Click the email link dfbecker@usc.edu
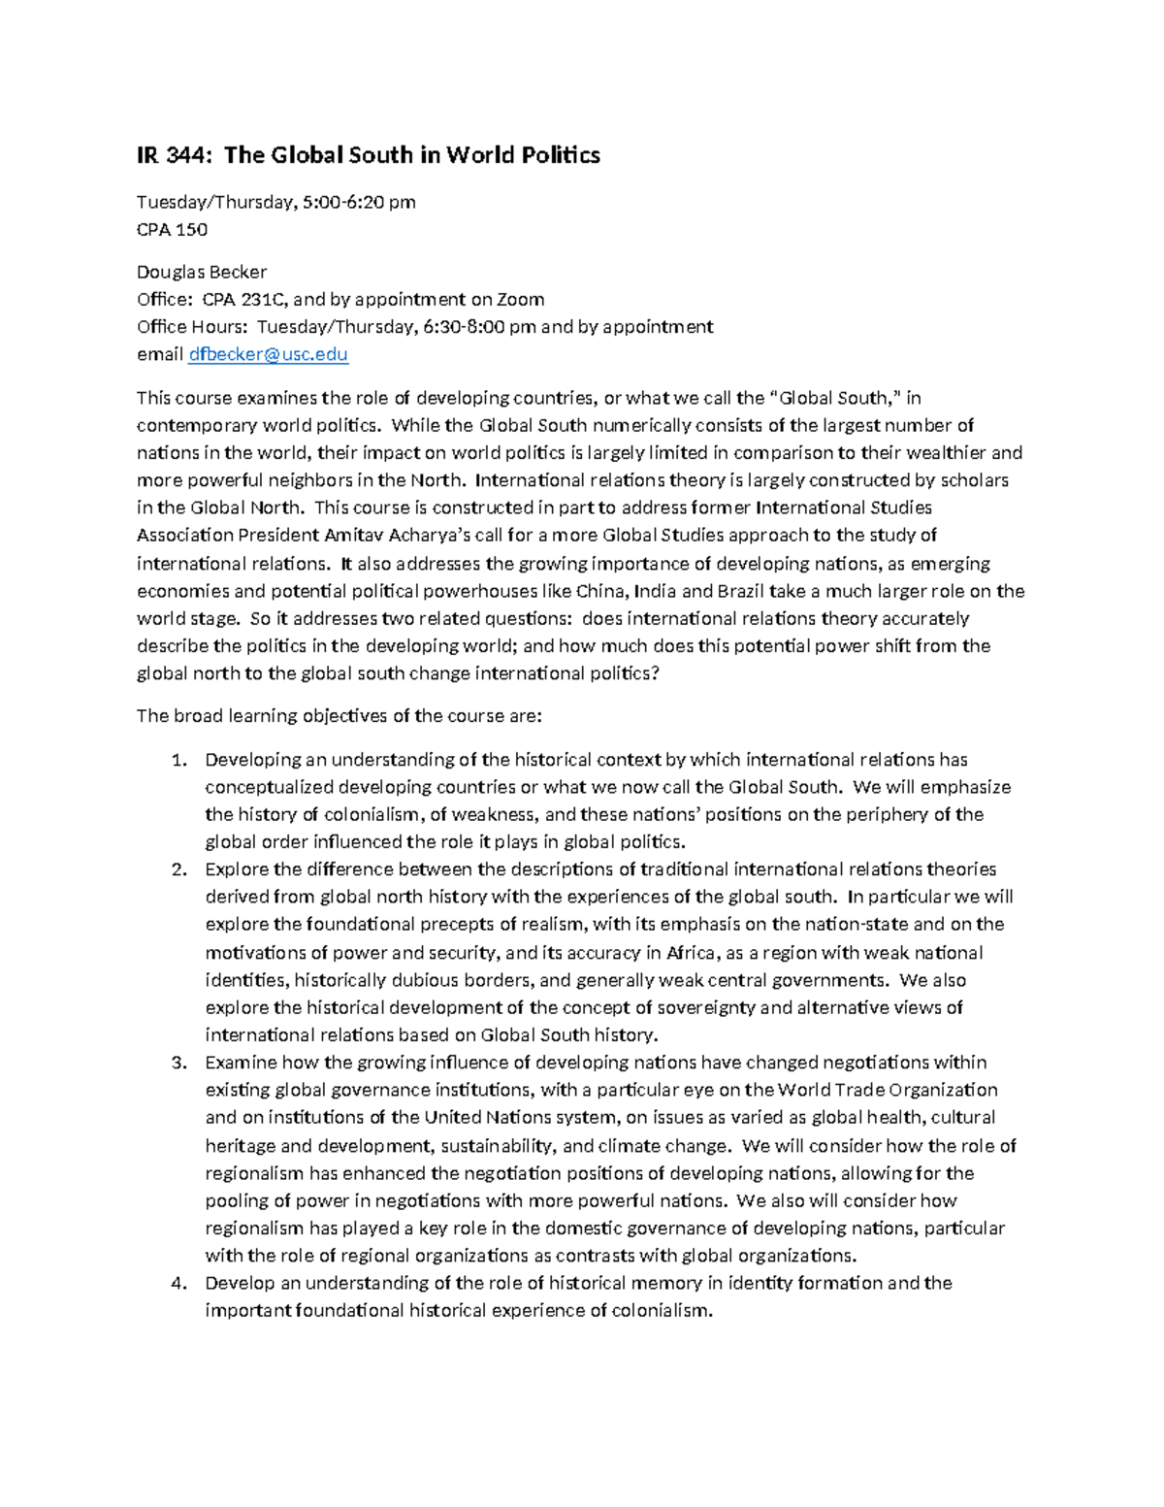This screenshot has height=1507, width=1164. click(268, 354)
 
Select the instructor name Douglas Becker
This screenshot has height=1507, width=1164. click(201, 272)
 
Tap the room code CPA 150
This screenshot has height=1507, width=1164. click(172, 230)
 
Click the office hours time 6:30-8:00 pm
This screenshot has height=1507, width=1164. click(479, 327)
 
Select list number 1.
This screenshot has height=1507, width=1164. click(178, 760)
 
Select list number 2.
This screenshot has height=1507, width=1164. click(178, 869)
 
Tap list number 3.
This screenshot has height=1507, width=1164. click(178, 1063)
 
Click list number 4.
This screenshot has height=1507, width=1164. click(178, 1283)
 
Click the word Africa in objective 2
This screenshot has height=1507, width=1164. click(691, 953)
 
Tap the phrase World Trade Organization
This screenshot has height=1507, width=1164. click(888, 1090)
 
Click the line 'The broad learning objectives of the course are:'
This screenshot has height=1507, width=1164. click(339, 716)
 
